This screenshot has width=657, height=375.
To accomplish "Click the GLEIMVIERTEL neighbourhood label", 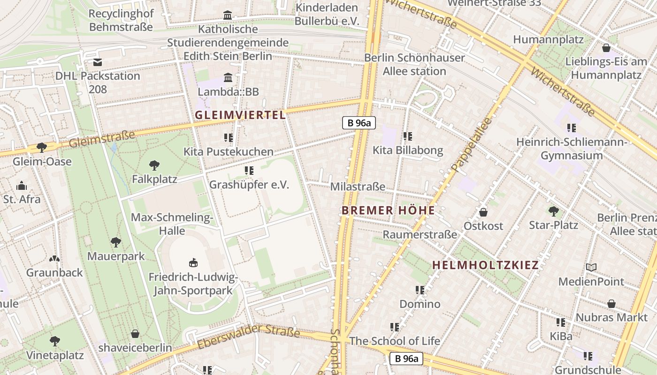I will pos(240,115).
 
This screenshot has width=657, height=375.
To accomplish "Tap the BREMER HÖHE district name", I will pos(388,210).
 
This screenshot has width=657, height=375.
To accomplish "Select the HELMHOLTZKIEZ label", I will pos(485,265).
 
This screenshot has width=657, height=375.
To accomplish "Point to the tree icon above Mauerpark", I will pos(116,242).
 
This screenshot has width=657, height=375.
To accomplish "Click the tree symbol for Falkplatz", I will pos(154,165).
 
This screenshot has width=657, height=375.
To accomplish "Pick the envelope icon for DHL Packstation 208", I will pos(98,62).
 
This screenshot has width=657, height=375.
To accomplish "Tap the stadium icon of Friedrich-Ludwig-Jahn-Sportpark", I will pos(193,262).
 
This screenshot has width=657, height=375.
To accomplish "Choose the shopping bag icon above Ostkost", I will pos(483,212).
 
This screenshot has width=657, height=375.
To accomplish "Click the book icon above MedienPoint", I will pos(591,268).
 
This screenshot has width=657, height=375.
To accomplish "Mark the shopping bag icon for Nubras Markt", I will pos(611,304).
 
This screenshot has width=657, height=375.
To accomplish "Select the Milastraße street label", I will pos(358,187).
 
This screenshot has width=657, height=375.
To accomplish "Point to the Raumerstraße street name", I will pos(420,234).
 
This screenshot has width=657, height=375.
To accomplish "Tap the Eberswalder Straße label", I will pos(248,336).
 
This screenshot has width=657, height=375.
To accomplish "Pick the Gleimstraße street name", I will pos(102,139).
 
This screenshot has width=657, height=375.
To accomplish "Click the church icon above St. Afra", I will pos(22,186).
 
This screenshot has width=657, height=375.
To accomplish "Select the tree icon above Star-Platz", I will pos(553,211).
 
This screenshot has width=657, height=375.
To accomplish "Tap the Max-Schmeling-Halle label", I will pos(172,224).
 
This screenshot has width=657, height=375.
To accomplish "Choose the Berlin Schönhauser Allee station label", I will pos(415,64).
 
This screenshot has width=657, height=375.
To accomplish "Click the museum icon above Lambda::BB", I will pos(228,77).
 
